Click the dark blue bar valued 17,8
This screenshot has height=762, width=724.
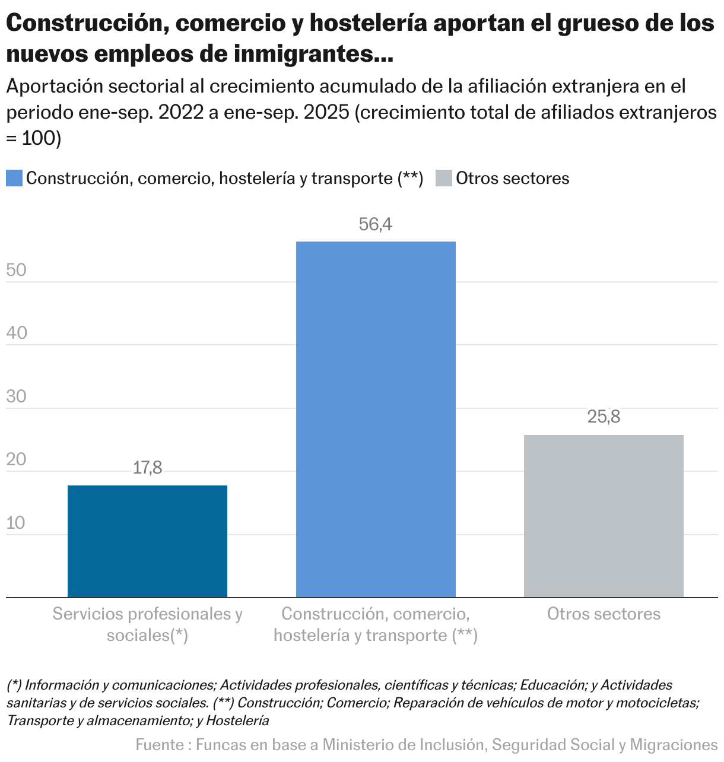click(147, 541)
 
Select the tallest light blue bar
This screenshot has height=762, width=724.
click(376, 419)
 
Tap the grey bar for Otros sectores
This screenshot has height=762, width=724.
click(604, 516)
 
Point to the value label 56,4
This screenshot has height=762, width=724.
click(376, 224)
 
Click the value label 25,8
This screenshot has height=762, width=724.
click(604, 417)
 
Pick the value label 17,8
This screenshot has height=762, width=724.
click(147, 468)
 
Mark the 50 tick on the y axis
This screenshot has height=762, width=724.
click(17, 270)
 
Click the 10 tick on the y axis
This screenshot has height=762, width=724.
click(17, 523)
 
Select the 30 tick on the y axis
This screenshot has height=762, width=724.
click(17, 396)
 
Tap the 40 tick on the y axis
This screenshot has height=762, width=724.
click(17, 333)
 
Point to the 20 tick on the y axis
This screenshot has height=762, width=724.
click(17, 460)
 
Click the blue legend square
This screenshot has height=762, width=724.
click(14, 178)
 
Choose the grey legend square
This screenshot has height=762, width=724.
click(444, 178)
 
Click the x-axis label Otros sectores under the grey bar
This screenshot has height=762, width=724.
click(604, 614)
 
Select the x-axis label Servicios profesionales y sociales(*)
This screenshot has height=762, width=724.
click(147, 624)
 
